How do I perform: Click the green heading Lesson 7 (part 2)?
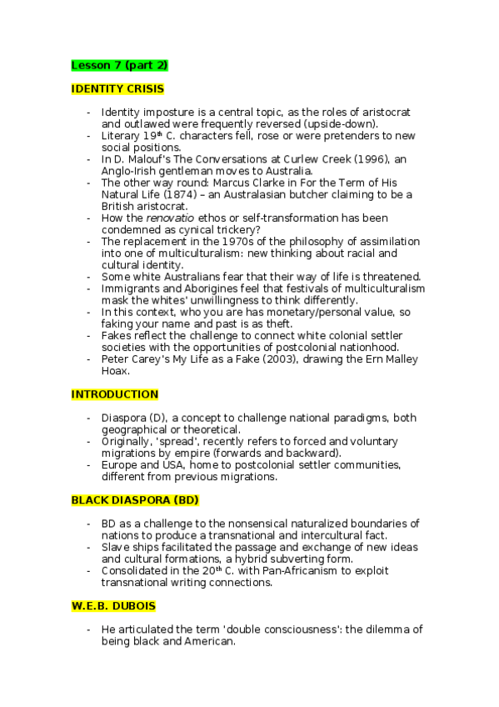[x=120, y=65]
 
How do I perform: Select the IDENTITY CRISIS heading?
[x=117, y=88]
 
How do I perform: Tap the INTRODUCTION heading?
[x=114, y=394]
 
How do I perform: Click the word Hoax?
[x=117, y=371]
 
